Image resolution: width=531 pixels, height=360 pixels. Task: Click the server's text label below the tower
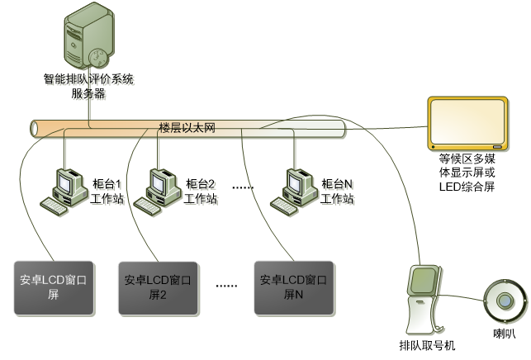89,87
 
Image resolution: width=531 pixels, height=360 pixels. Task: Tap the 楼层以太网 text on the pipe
187,129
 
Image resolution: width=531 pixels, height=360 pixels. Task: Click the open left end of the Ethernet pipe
35,129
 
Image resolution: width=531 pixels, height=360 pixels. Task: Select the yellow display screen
467,124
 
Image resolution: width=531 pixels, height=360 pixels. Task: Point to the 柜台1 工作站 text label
108,192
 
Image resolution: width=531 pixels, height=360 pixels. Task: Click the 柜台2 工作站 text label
201,192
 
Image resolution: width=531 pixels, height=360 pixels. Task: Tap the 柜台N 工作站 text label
339,192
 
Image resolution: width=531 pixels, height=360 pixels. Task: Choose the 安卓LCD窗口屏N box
295,287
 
